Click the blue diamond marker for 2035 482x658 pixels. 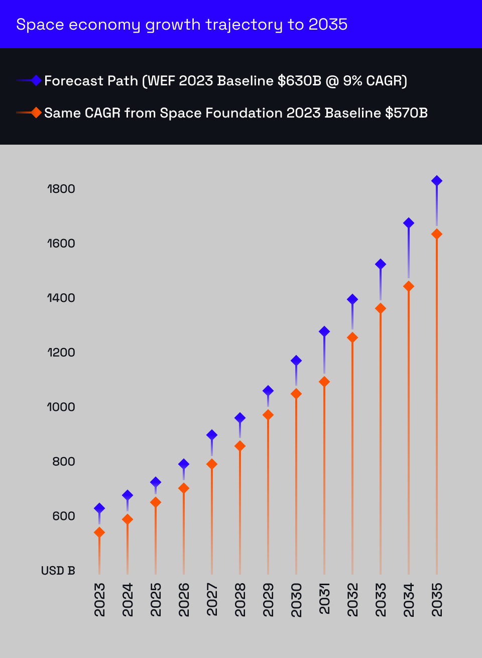click(x=437, y=181)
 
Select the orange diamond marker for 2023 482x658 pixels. click(x=99, y=532)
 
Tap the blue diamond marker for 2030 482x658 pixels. click(x=296, y=361)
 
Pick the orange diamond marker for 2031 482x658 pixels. click(x=324, y=382)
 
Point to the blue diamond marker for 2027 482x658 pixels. click(x=212, y=435)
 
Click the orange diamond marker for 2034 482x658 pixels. click(x=409, y=286)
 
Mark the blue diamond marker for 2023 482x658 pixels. click(x=99, y=508)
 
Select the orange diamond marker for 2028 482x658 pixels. click(x=240, y=446)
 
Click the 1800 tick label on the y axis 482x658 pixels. click(x=61, y=189)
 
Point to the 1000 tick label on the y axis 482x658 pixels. click(x=61, y=407)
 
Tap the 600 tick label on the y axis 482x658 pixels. click(x=64, y=516)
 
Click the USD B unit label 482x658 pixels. click(x=58, y=571)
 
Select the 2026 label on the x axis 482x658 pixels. click(x=184, y=599)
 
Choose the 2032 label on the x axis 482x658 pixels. click(x=352, y=599)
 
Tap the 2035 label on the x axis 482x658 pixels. click(x=437, y=599)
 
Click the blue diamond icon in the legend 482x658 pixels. click(x=36, y=80)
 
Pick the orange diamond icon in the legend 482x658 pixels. click(x=36, y=113)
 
